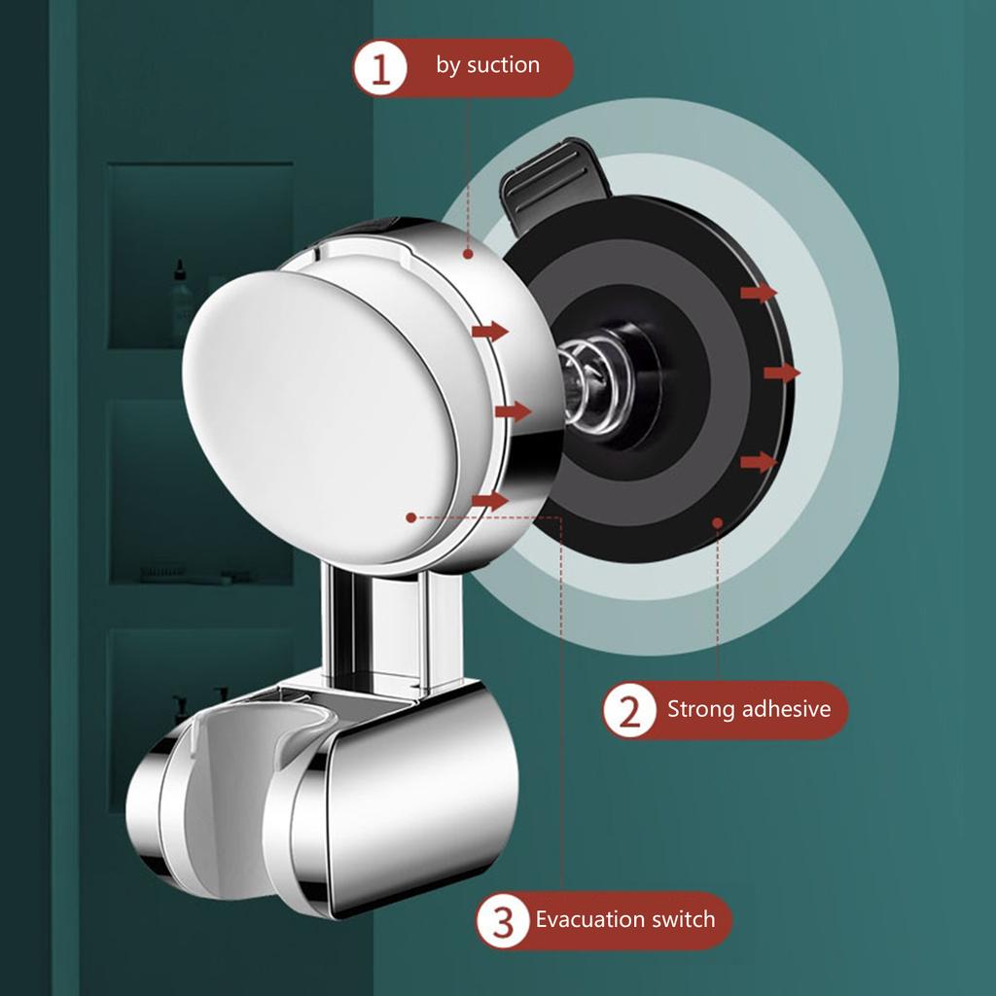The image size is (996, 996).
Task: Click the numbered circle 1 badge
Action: [x=382, y=68]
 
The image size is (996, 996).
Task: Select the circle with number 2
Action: [x=630, y=711]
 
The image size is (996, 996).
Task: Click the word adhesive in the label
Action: [x=786, y=709]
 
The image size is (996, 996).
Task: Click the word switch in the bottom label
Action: [x=684, y=919]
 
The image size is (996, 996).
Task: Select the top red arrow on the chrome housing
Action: [x=490, y=332]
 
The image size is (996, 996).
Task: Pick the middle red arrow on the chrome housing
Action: [x=513, y=411]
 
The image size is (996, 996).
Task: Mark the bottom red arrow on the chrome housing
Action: [x=490, y=501]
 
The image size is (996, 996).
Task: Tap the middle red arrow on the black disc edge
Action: [x=782, y=373]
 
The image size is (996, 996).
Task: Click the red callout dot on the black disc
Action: [x=718, y=522]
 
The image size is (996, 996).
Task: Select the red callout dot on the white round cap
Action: [x=411, y=517]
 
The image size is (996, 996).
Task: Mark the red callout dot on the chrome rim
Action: [x=468, y=255]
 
